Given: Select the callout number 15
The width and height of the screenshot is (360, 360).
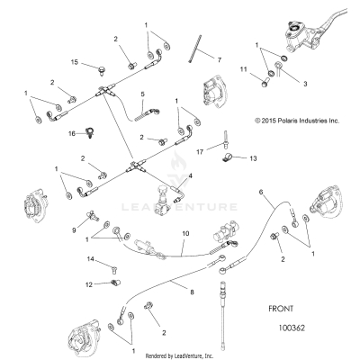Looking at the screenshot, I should [76, 61].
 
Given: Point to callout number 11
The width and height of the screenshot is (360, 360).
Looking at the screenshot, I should [242, 68].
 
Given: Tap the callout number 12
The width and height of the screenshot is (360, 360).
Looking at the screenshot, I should [89, 284].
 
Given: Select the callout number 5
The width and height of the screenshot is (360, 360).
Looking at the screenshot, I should [142, 94].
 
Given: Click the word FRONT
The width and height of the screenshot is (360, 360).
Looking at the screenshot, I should [281, 307].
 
